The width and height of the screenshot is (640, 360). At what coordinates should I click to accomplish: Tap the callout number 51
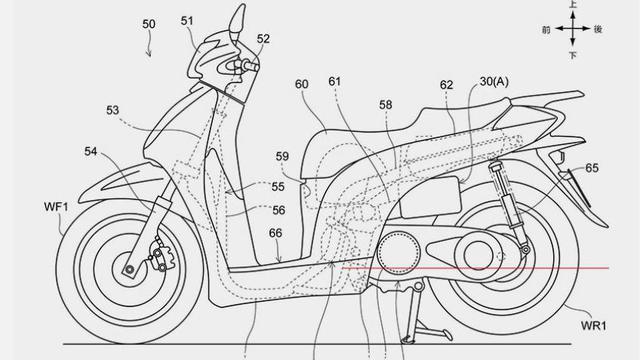click(188, 19)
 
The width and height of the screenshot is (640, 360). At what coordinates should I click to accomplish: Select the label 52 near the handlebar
click(263, 40)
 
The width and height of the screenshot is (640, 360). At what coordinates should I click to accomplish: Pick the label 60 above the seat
click(301, 85)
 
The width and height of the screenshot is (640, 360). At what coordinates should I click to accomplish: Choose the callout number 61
click(334, 82)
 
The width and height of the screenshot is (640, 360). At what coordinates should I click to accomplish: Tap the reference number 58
click(385, 104)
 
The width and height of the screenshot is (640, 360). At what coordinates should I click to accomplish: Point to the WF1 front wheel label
click(56, 206)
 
